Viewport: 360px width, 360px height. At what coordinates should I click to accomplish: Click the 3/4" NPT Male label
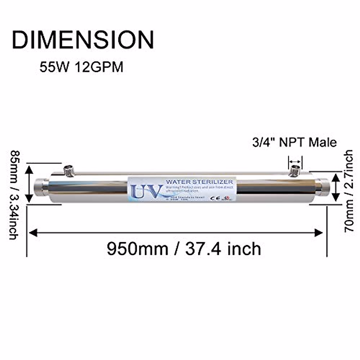click(294, 142)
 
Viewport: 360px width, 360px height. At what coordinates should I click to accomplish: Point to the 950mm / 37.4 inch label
click(184, 249)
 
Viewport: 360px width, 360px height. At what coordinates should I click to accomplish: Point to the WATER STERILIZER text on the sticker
click(199, 182)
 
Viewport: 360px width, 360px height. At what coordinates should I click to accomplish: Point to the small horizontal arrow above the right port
click(295, 161)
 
